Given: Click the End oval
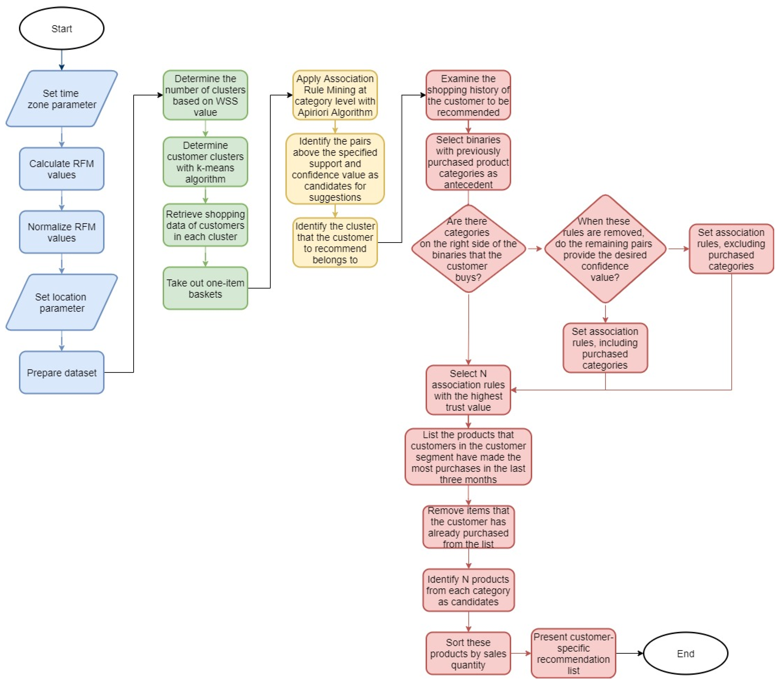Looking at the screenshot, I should tap(685, 653).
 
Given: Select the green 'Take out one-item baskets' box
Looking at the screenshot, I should tap(205, 288).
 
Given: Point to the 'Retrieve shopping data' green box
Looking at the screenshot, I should tap(205, 225).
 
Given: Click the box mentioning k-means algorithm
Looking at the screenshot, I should tap(205, 162).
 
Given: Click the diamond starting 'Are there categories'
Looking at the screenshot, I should tap(468, 249).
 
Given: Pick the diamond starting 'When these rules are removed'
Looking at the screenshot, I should tap(605, 249).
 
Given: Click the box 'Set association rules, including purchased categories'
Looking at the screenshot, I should tap(605, 348).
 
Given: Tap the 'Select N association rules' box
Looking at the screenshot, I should tap(468, 390).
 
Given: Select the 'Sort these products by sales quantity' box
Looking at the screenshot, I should tap(468, 653).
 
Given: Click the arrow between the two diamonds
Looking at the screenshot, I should tap(535, 249).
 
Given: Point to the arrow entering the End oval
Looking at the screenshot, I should tap(630, 653).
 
